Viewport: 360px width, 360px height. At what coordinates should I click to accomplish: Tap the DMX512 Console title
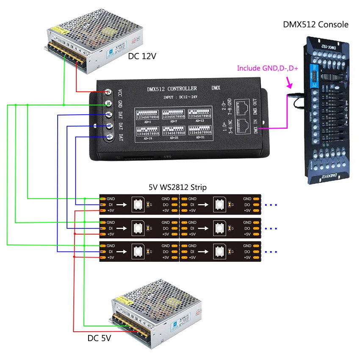point(316,25)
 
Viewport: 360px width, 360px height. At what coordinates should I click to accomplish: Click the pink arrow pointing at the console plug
point(290,80)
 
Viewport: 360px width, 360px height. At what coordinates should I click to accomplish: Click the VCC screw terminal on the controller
point(109,91)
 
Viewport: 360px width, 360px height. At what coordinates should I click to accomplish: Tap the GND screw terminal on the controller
point(109,103)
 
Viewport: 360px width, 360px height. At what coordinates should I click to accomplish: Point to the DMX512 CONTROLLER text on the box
point(172,89)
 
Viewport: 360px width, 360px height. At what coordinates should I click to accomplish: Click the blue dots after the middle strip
point(270,228)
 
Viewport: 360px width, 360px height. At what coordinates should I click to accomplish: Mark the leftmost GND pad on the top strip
point(102,198)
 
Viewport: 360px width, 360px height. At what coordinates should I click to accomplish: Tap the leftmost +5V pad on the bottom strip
point(102,257)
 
